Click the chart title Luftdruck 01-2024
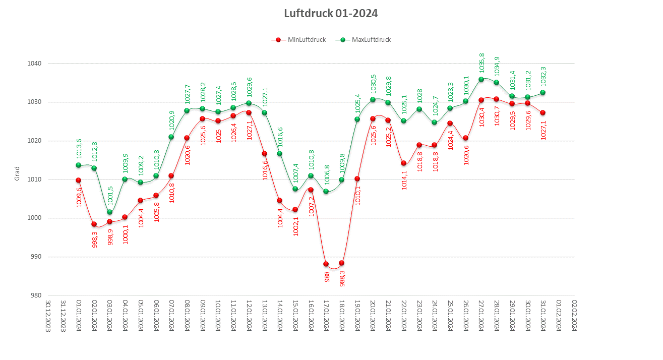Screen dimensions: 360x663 pos(331,14)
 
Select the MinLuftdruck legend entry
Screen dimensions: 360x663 pos(300,40)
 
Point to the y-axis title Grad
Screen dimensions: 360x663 pos(17,173)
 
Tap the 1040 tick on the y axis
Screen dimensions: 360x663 pos(35,64)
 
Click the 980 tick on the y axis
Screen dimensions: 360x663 pos(36,295)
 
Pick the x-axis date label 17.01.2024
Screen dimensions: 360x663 pos(326,316)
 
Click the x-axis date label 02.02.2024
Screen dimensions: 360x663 pos(574,316)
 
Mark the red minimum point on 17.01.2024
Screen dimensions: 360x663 pos(326,264)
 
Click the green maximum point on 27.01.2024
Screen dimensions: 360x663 pos(481,79)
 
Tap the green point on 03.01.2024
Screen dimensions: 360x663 pos(109,212)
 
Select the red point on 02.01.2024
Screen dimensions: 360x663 pos(94,224)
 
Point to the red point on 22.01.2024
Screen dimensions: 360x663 pos(403,163)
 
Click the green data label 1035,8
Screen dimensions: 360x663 pos(481,63)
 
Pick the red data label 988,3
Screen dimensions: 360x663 pos(342,278)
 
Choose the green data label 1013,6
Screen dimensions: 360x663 pos(79,148)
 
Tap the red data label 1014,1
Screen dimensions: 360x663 pos(404,179)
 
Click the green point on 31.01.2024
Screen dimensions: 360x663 pos(543,92)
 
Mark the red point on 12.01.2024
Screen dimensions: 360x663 pos(249,112)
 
